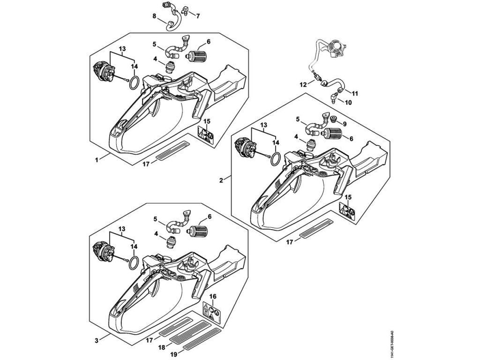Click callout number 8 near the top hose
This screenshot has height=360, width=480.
pos(154,15)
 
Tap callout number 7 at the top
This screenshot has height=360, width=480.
pos(198,16)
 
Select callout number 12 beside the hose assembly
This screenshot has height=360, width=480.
pos(303,84)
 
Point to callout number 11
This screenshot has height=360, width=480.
pos(355,93)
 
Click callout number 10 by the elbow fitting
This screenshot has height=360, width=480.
pos(348,102)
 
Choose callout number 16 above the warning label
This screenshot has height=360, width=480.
pos(213,297)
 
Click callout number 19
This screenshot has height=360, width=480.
pos(173,355)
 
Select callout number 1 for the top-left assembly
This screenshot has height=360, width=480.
pos(97,159)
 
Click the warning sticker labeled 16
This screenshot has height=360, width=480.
pos(212,312)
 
